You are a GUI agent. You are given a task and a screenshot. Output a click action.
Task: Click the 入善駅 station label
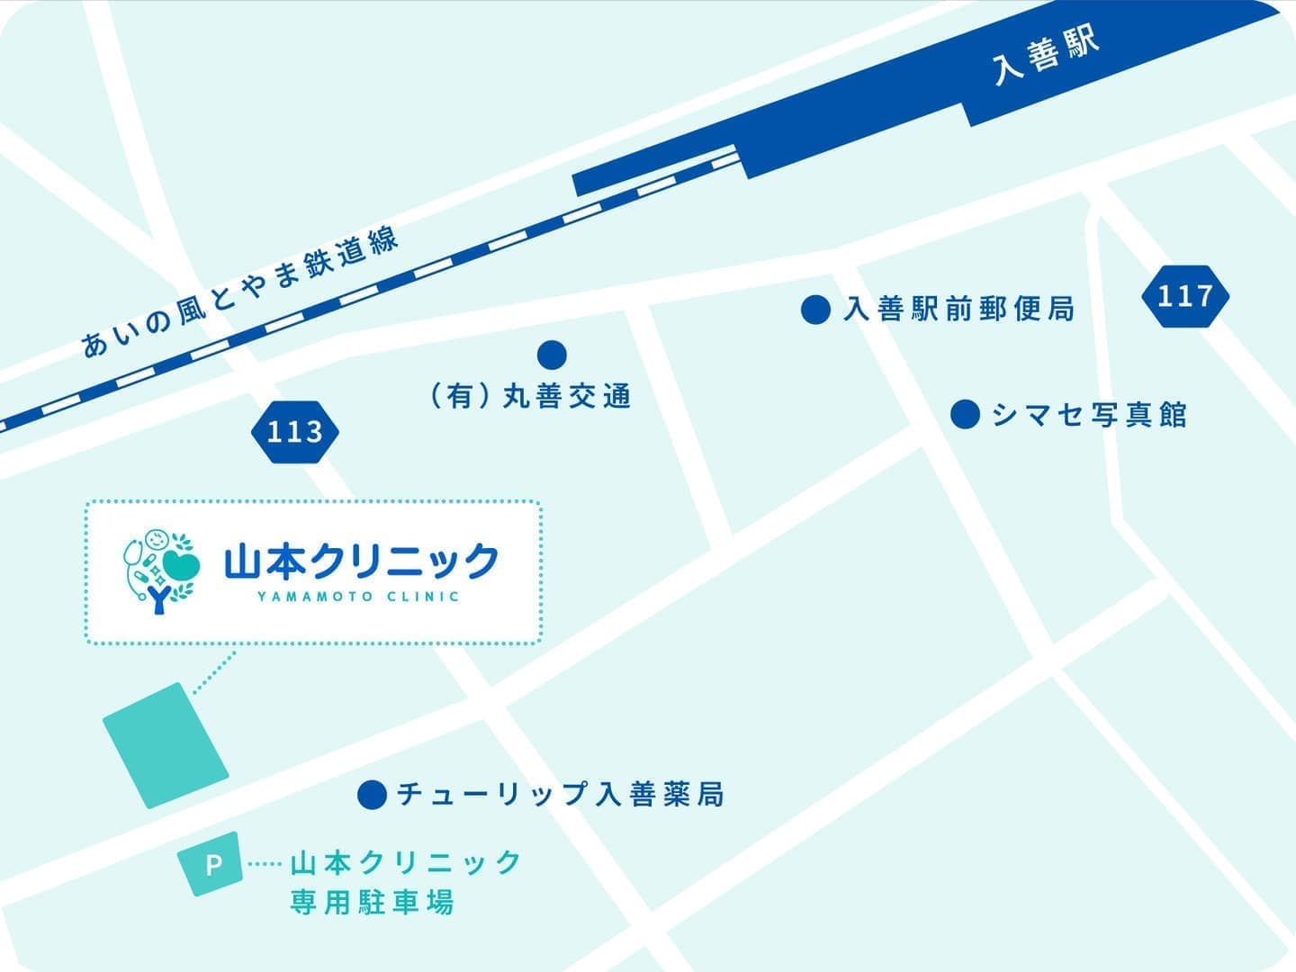point(1047,56)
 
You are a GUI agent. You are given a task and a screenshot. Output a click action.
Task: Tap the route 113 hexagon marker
point(294,432)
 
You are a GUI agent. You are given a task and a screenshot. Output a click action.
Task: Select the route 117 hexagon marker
point(1184,296)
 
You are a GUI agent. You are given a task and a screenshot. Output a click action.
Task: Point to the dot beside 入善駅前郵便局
point(815,310)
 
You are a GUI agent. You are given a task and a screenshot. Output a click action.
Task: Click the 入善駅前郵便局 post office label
point(958,310)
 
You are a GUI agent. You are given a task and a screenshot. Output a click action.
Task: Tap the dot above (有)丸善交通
point(552,355)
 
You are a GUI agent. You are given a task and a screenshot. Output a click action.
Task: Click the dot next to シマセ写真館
point(965,414)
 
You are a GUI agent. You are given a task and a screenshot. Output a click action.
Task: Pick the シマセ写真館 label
point(1089,415)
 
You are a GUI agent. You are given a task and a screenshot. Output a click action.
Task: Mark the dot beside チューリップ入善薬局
point(372,795)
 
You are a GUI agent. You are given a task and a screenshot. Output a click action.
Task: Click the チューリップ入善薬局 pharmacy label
point(560,795)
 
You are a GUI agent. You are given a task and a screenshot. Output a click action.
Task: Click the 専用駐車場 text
point(372,902)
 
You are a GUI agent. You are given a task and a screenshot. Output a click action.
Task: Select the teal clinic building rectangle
point(166,745)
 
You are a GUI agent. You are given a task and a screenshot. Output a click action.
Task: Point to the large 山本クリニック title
point(361,562)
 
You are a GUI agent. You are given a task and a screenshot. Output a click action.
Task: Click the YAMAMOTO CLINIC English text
point(358,596)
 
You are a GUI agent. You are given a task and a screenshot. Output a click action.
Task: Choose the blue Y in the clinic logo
point(159,598)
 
